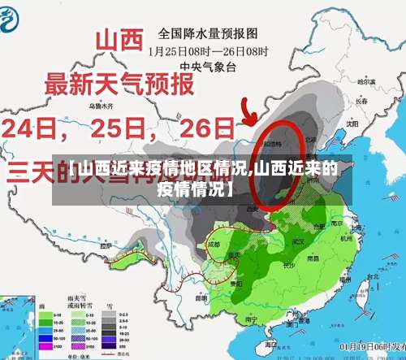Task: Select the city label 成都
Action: (213, 243)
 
